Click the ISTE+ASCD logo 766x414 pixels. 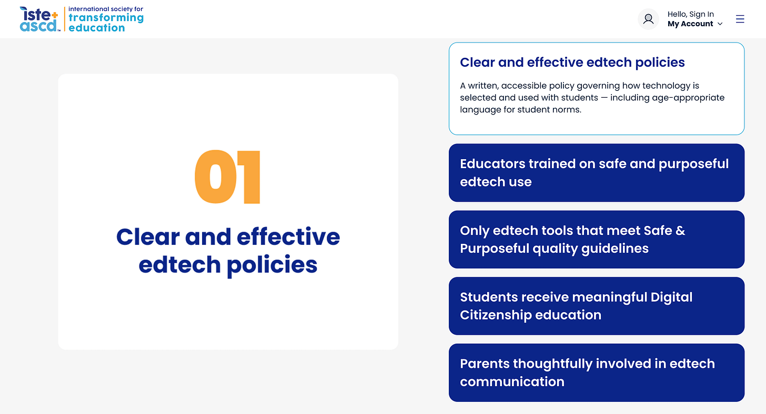(82, 19)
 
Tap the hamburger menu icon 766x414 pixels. (740, 19)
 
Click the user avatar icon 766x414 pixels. (648, 19)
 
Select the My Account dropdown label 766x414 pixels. (690, 24)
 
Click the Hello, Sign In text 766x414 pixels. (690, 14)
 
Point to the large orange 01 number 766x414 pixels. (228, 177)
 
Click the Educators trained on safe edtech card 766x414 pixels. (597, 173)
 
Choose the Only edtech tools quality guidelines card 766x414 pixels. (597, 240)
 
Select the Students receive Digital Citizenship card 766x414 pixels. (597, 306)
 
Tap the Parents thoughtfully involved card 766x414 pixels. (597, 372)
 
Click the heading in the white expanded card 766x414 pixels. (572, 63)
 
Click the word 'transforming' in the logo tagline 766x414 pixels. (106, 18)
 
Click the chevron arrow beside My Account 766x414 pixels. (720, 24)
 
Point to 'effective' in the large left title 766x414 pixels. (288, 237)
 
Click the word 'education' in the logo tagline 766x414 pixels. (97, 28)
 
